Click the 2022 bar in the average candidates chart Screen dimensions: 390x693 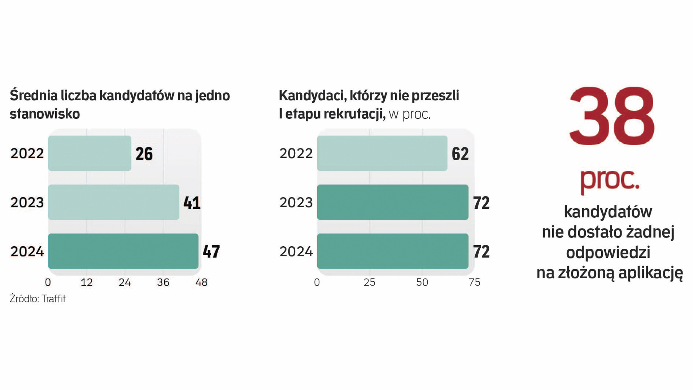click(90, 153)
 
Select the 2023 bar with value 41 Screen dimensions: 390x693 click(114, 202)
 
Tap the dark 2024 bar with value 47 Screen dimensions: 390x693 click(123, 251)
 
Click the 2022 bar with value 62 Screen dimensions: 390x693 click(382, 153)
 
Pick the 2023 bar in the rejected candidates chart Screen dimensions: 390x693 click(393, 202)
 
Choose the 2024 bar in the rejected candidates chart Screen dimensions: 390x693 click(393, 251)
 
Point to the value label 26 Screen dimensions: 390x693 click(144, 154)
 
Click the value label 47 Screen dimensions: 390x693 click(211, 252)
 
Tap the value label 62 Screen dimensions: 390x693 click(460, 154)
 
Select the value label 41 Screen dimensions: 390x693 click(192, 203)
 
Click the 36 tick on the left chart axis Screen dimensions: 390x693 click(163, 282)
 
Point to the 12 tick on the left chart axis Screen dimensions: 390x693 click(87, 282)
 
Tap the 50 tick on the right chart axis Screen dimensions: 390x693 click(422, 282)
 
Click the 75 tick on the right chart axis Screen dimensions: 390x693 click(475, 282)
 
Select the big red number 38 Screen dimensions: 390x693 click(611, 116)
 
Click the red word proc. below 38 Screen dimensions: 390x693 click(610, 179)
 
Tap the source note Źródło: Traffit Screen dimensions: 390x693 click(38, 299)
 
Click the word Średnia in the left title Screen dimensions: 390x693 click(34, 96)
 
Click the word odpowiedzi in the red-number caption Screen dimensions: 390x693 click(608, 252)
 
